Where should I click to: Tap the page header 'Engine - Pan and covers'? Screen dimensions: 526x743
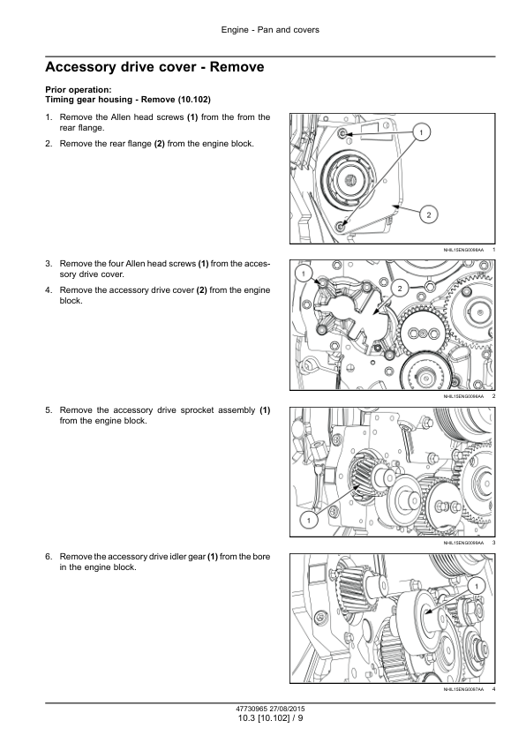click(x=270, y=30)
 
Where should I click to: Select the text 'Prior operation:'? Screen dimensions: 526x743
click(x=79, y=89)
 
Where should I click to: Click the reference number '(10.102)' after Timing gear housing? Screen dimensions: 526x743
click(x=194, y=100)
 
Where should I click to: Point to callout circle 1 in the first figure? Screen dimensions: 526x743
click(x=421, y=132)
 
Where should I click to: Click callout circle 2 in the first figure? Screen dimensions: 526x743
click(x=428, y=214)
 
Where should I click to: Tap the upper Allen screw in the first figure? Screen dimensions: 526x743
click(x=342, y=133)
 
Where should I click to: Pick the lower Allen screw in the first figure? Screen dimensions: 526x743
click(x=342, y=226)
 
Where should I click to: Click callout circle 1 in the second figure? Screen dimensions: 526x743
click(x=304, y=274)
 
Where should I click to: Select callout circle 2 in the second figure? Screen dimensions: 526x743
click(x=400, y=288)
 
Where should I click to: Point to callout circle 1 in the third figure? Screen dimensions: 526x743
click(x=309, y=521)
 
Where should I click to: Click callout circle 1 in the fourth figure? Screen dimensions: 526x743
click(x=477, y=587)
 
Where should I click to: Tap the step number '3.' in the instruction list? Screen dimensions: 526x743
click(x=49, y=264)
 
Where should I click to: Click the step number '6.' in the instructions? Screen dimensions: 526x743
click(x=49, y=556)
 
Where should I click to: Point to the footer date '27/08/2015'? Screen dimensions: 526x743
click(x=287, y=709)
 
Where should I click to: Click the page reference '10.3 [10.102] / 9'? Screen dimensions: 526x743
click(x=270, y=718)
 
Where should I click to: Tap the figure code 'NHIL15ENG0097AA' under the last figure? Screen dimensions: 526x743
click(x=463, y=689)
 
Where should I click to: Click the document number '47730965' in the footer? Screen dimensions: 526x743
click(x=252, y=709)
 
